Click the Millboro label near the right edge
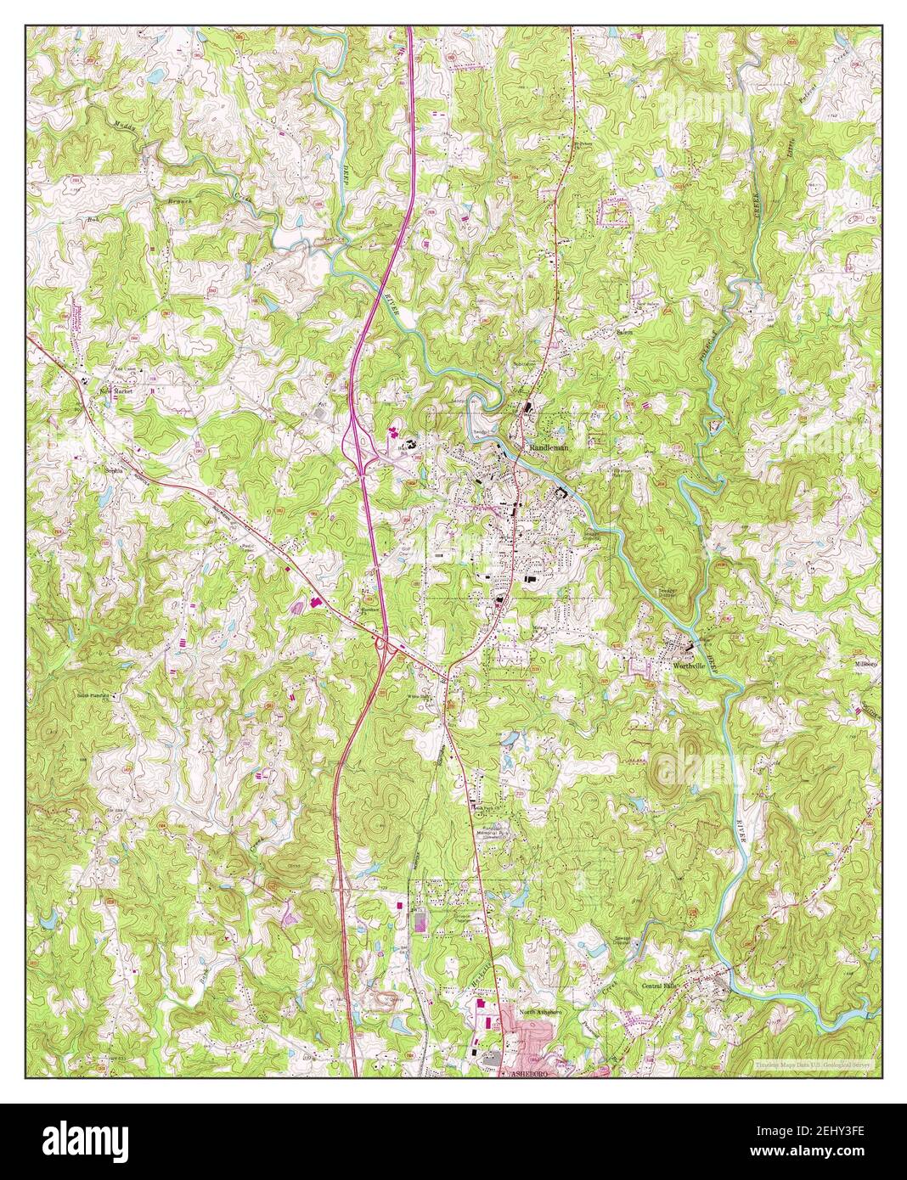click(867, 663)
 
